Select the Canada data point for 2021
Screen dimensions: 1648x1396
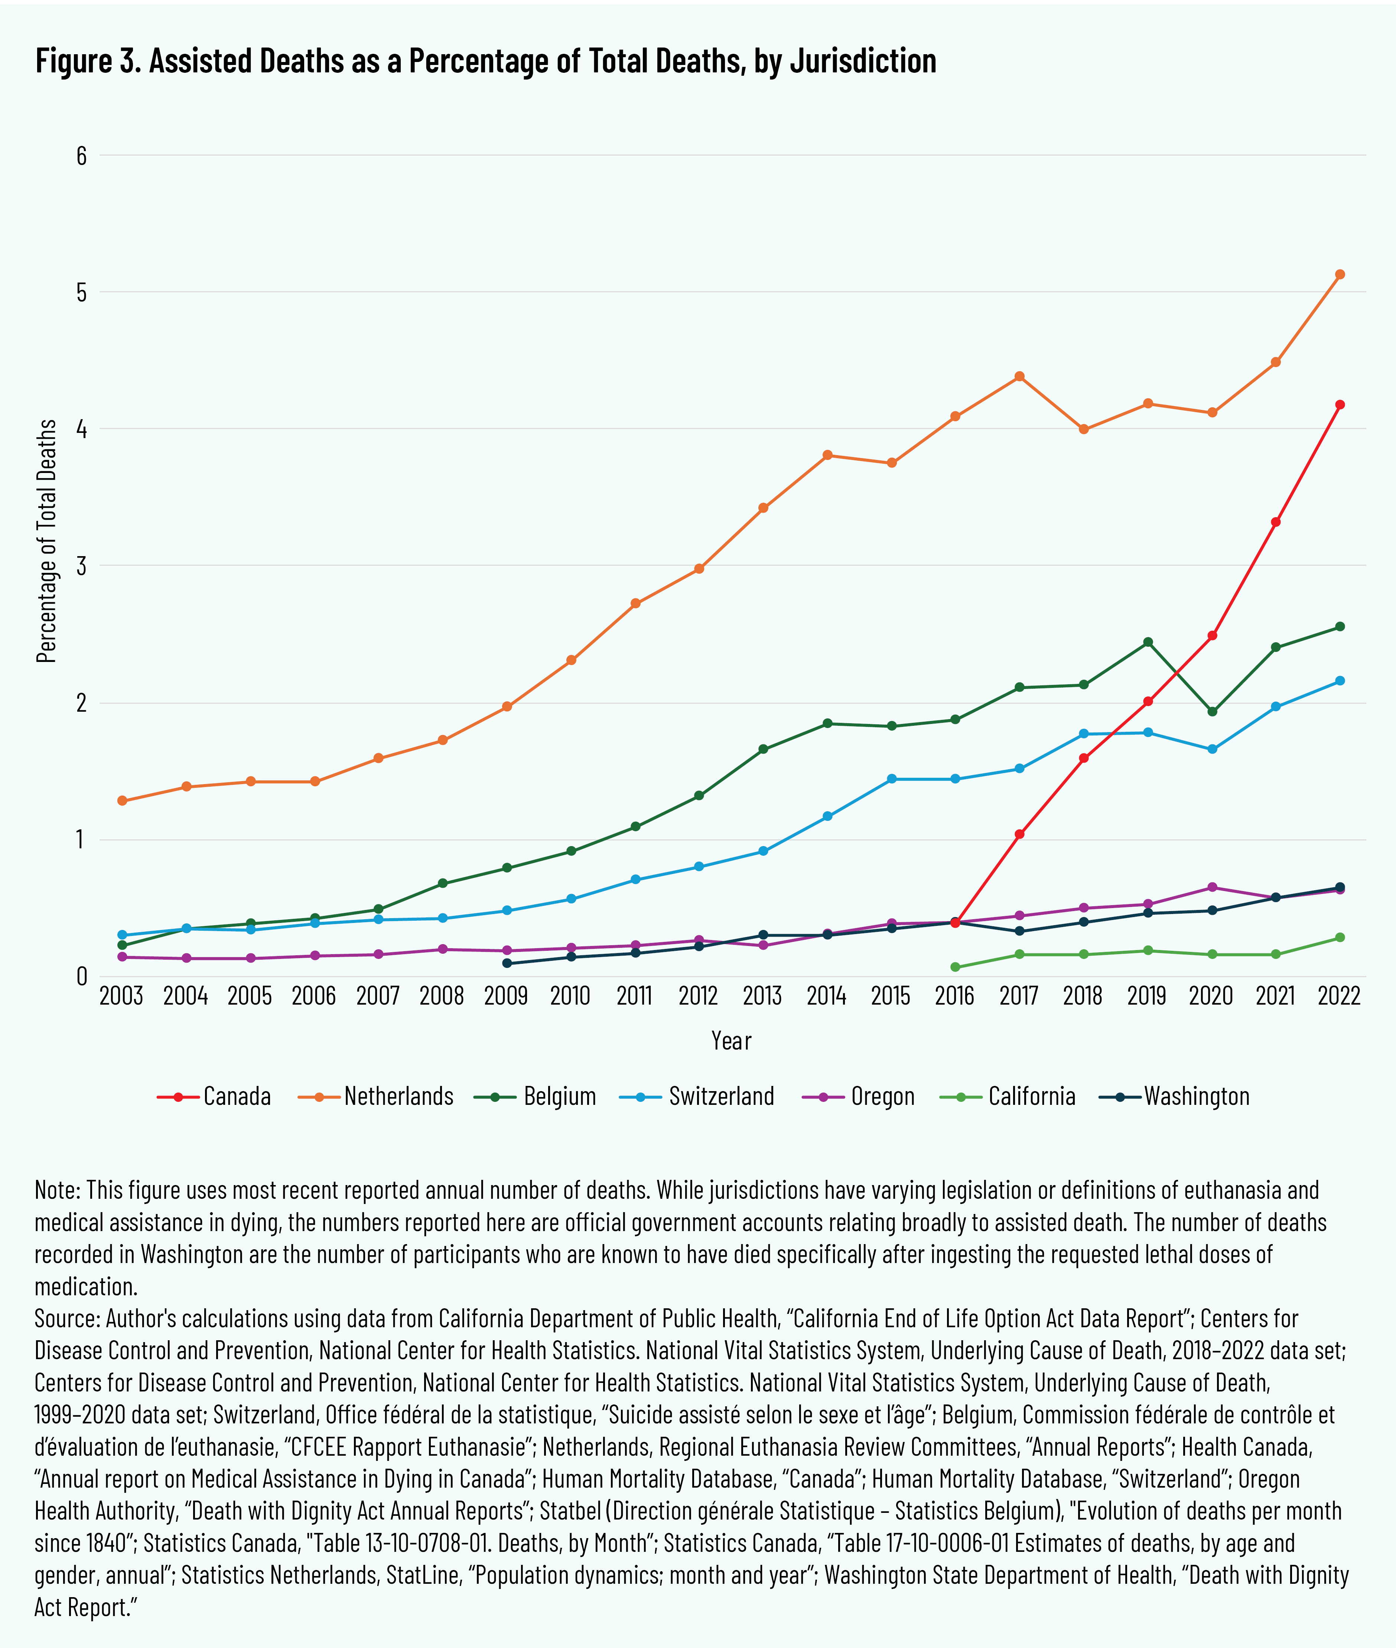coord(1276,522)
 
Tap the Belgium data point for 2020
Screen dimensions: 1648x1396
coord(1211,711)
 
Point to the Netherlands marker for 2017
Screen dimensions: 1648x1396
coord(1019,376)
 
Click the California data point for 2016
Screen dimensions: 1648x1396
coord(955,967)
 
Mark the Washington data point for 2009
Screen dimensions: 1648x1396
coord(507,963)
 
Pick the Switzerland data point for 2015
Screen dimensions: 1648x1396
coord(891,779)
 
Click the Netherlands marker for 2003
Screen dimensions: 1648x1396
coord(122,801)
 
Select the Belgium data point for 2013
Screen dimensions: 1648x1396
coord(763,749)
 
